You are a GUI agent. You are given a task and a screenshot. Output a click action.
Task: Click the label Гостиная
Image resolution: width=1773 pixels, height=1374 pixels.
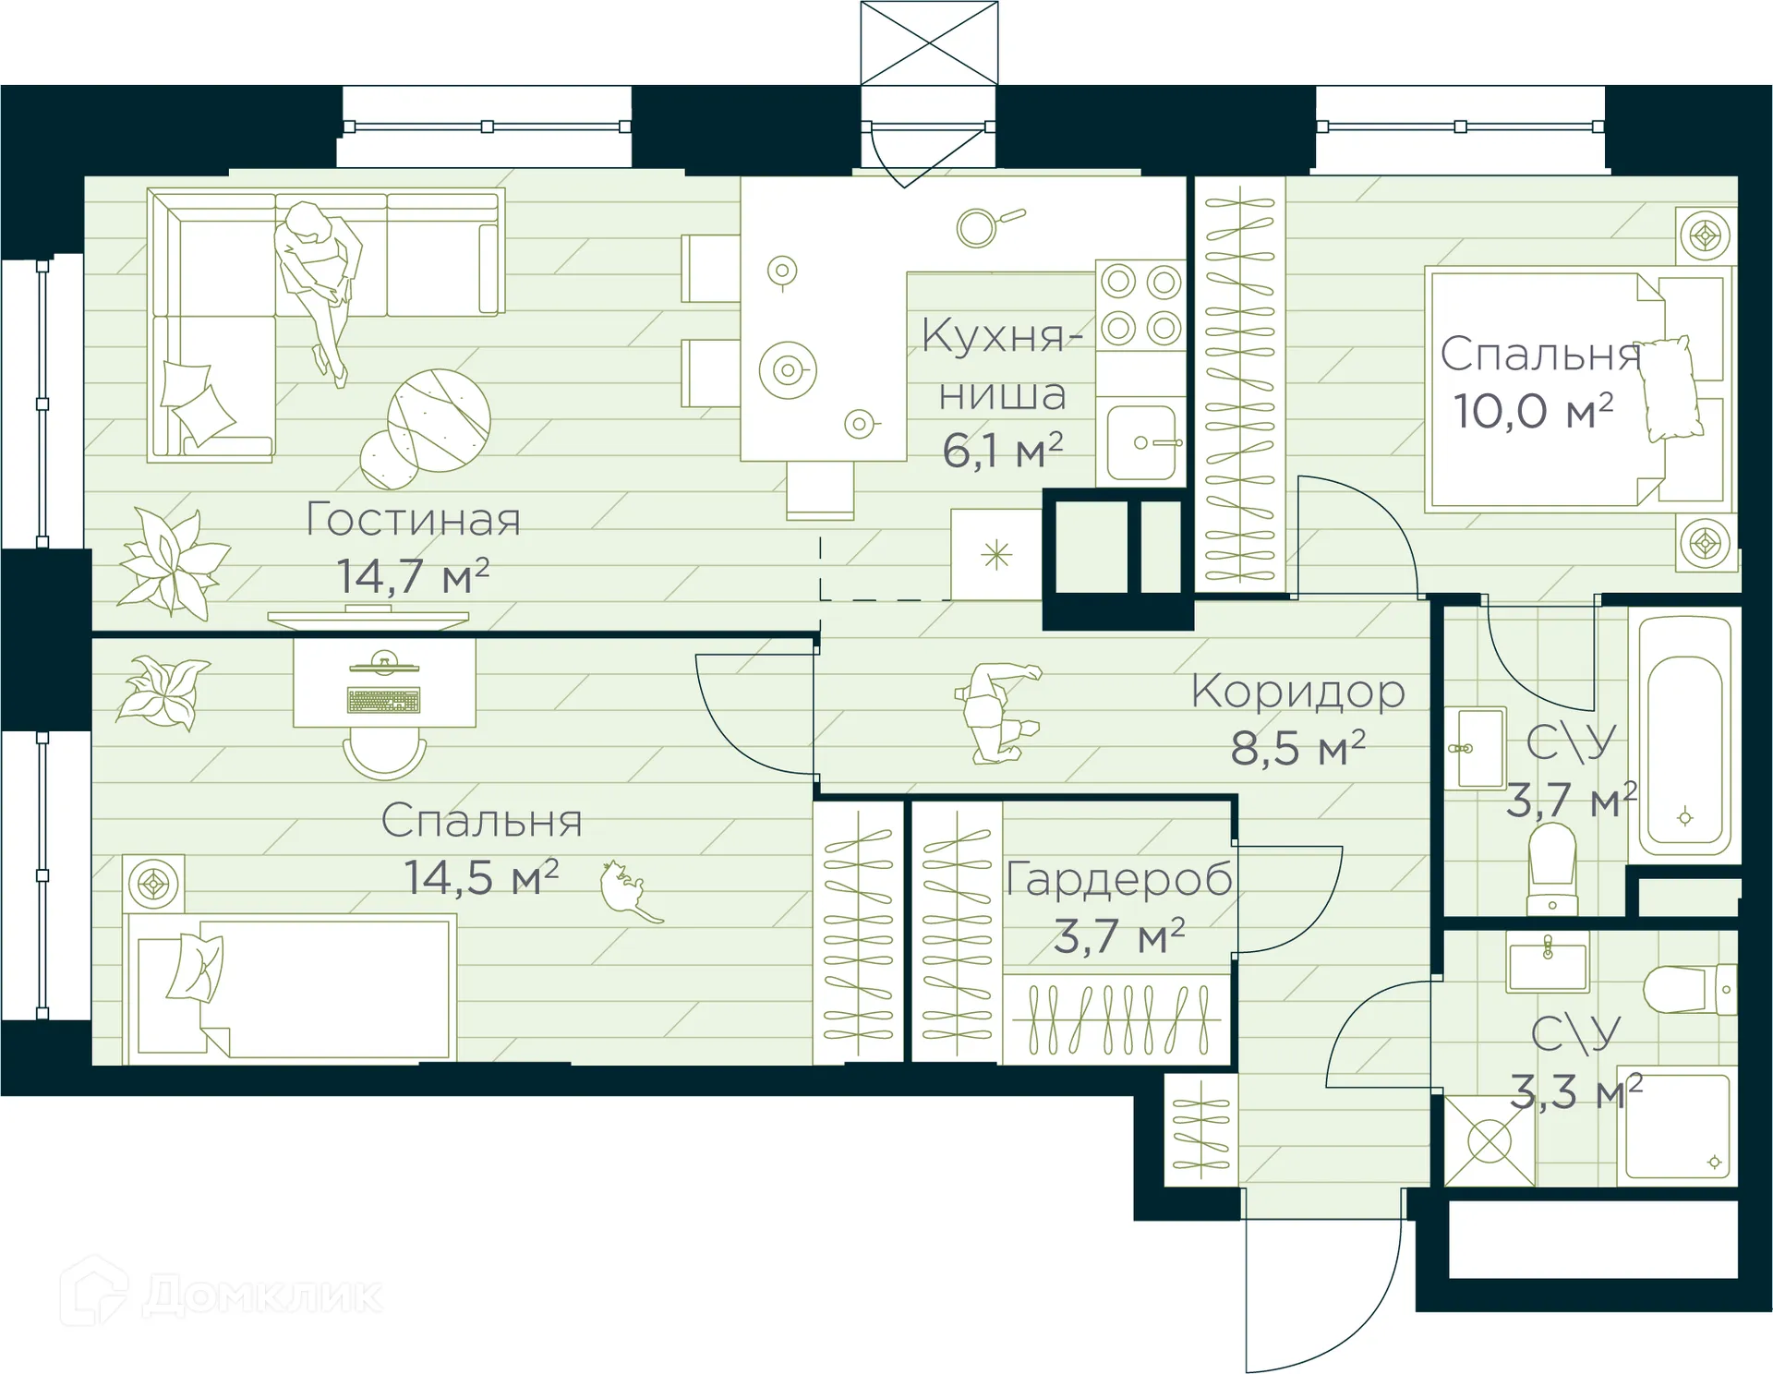click(x=413, y=519)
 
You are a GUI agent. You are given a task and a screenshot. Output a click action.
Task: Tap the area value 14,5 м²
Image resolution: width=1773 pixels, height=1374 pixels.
click(x=481, y=877)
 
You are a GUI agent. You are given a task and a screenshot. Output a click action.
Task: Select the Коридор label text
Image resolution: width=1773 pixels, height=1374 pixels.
click(x=1297, y=691)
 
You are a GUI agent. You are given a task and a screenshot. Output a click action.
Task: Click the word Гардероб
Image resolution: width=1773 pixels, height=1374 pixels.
click(x=1118, y=878)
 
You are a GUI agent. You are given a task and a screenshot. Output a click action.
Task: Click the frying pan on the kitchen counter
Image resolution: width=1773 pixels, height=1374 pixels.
click(x=984, y=225)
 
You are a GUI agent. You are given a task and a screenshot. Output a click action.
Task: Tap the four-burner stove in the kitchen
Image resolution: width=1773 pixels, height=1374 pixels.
click(x=1140, y=305)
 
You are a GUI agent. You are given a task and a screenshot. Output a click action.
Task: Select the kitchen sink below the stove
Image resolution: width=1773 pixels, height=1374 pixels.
click(x=1141, y=442)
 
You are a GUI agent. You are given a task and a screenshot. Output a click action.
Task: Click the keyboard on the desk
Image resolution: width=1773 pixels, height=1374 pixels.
click(x=383, y=701)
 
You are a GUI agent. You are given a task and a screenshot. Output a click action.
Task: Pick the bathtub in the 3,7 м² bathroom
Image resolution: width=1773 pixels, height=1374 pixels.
click(x=1684, y=735)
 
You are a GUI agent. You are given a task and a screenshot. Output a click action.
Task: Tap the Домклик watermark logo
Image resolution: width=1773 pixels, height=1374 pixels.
click(x=222, y=1292)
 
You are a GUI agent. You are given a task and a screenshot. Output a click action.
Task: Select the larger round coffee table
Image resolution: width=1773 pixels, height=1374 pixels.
click(x=439, y=420)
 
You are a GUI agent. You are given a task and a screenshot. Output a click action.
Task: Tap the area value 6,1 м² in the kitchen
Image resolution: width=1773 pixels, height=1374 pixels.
click(x=1002, y=451)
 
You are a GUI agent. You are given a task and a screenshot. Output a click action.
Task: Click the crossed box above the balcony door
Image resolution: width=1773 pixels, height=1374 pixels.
click(x=929, y=42)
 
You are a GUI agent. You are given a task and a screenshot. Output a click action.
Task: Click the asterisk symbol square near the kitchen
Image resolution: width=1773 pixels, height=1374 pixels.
click(x=996, y=555)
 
